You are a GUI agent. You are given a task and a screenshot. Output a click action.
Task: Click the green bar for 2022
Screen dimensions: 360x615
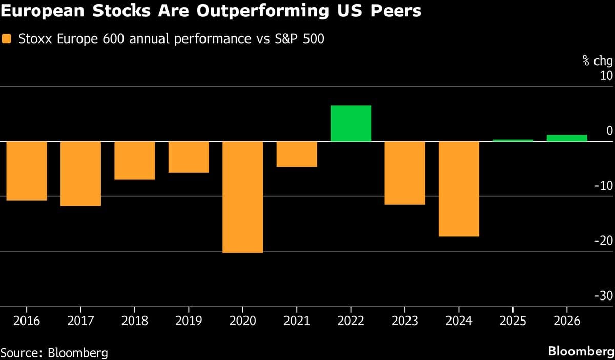coord(351,123)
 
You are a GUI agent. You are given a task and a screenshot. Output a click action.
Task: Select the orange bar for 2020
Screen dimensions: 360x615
coord(242,197)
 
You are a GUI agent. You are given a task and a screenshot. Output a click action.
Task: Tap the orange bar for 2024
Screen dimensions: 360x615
coord(459,189)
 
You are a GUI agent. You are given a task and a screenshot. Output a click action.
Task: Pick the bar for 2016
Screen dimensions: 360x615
coord(26,171)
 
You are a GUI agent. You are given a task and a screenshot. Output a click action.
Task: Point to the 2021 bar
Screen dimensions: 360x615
coord(297,154)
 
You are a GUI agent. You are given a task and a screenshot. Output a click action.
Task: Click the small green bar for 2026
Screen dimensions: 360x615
coord(567,138)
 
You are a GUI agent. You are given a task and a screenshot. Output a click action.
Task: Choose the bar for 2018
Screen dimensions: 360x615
coord(134,161)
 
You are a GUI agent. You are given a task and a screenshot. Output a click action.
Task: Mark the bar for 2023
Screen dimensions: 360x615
coord(405,173)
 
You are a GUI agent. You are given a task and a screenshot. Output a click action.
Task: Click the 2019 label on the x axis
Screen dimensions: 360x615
coord(188,322)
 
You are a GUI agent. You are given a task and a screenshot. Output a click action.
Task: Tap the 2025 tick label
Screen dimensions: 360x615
coord(512,322)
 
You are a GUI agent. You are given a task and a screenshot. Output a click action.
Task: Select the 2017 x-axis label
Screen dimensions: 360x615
coord(80,322)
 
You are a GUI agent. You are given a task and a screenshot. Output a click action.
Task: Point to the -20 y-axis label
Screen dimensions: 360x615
coord(603,241)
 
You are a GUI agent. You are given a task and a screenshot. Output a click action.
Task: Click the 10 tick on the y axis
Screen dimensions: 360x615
coord(606,76)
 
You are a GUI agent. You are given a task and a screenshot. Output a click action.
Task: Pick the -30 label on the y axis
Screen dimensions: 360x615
coord(603,296)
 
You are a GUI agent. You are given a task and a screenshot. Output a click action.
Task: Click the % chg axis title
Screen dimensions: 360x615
coord(597,62)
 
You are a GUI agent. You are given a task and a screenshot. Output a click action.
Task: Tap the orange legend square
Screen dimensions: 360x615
coord(7,38)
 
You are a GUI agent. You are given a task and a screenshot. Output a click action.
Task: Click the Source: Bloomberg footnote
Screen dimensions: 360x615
coord(54,352)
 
